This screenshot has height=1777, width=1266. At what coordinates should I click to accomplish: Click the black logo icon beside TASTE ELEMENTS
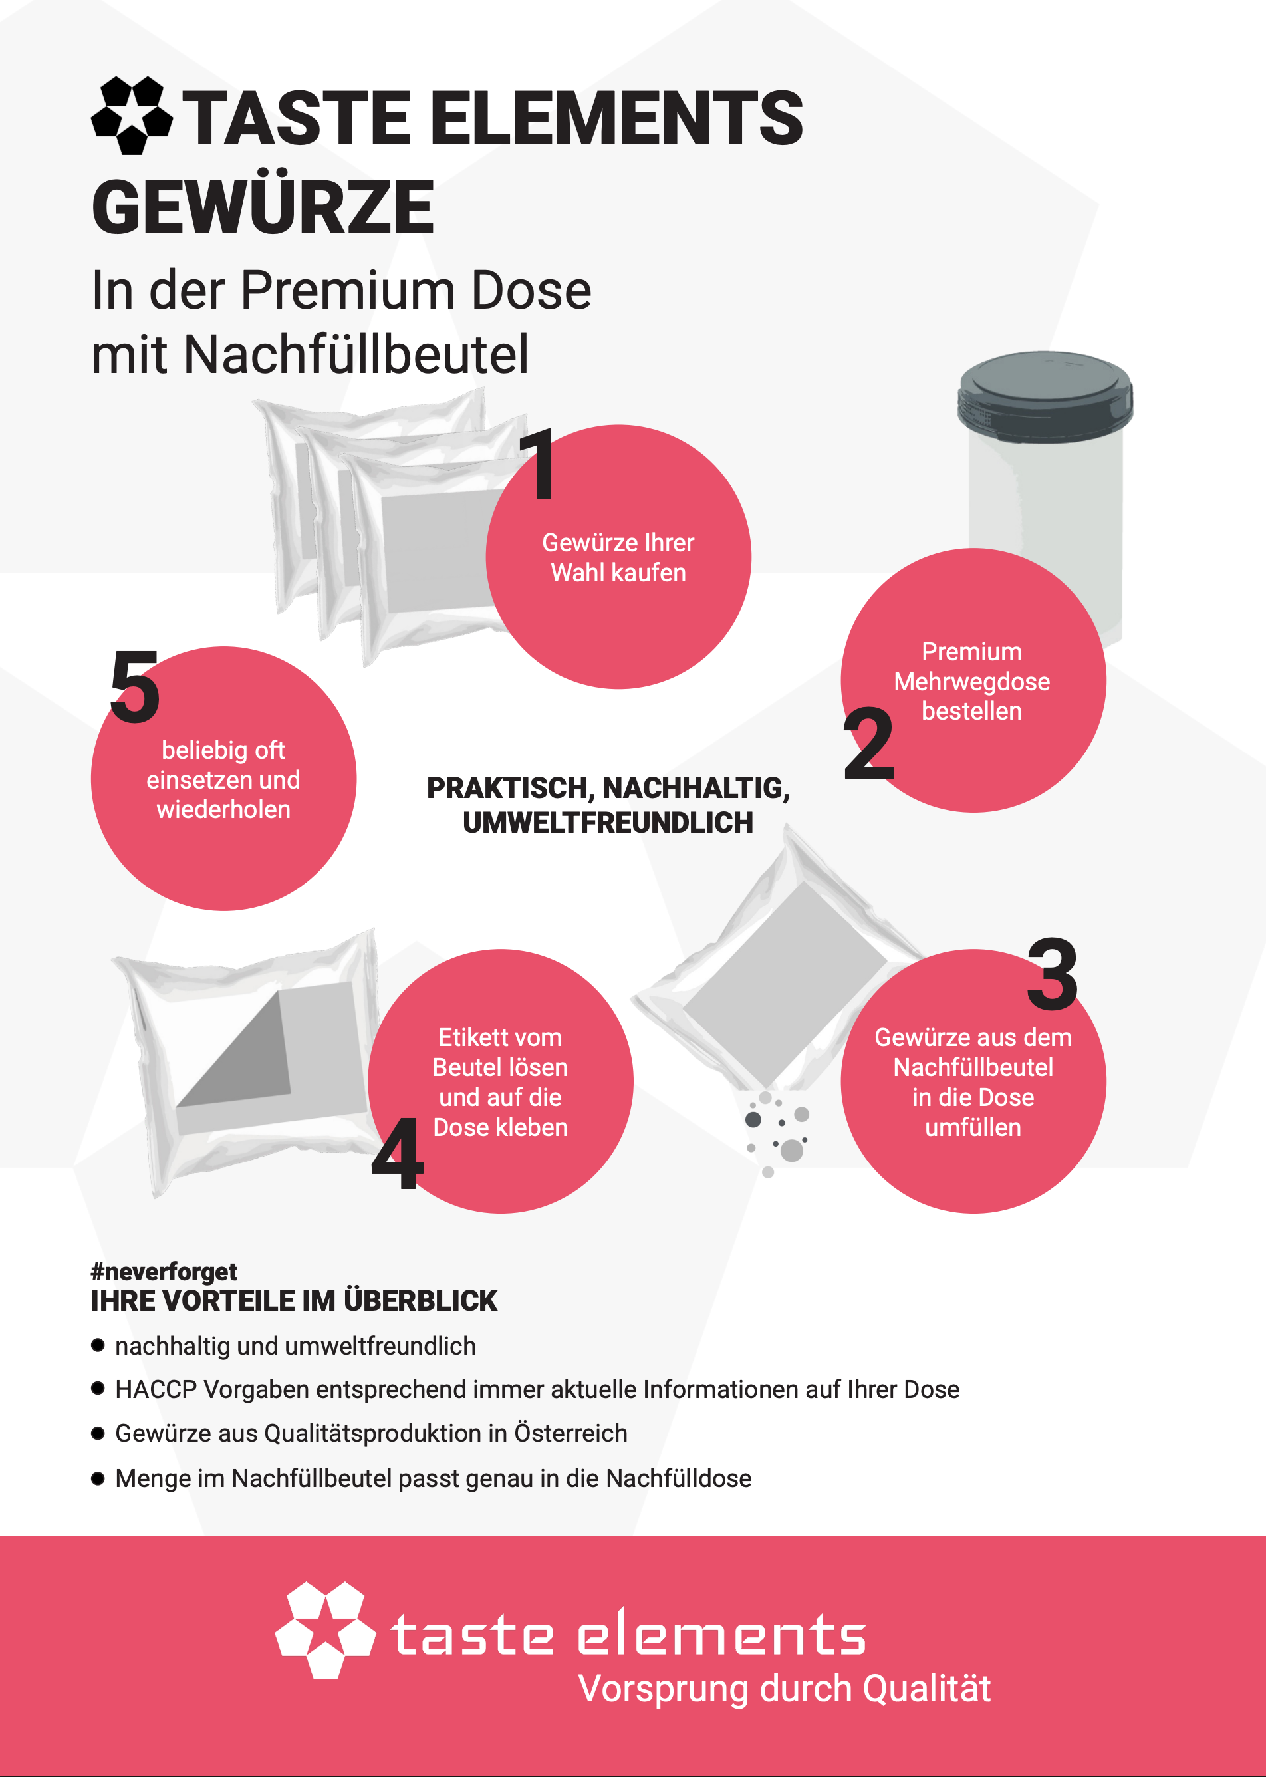click(x=132, y=116)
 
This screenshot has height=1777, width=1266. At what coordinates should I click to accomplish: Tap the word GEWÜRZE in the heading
click(x=263, y=207)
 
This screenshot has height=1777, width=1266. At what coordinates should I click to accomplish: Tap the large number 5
click(x=135, y=686)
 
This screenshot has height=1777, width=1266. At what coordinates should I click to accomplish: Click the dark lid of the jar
click(x=1045, y=397)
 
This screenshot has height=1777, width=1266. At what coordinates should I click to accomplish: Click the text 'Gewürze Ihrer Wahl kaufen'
click(x=618, y=557)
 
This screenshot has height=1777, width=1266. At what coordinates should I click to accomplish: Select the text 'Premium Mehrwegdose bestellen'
click(x=972, y=682)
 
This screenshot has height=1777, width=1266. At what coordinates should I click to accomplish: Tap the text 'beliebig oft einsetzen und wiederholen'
click(x=223, y=779)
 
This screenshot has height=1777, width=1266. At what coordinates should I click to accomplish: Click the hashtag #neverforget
click(x=164, y=1272)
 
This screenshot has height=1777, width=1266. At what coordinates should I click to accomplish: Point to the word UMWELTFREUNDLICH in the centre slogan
click(x=608, y=823)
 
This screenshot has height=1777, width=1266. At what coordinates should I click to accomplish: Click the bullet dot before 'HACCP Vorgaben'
click(x=98, y=1388)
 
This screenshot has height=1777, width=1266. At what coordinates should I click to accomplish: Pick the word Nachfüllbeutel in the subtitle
click(x=356, y=354)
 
